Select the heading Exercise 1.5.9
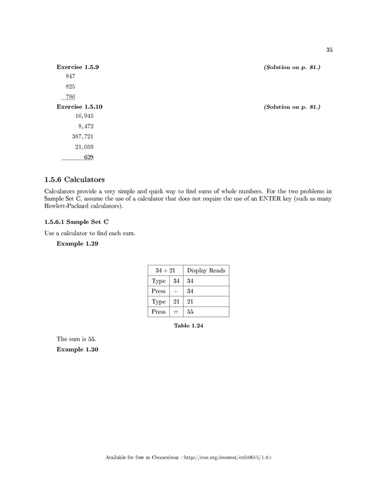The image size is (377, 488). (x=77, y=66)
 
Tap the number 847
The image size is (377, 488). (x=70, y=77)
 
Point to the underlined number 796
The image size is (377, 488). (x=70, y=97)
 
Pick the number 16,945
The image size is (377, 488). (x=84, y=116)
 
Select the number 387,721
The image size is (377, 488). (x=83, y=137)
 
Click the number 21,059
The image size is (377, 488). (x=84, y=147)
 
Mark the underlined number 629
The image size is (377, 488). (x=89, y=157)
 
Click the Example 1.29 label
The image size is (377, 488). (x=77, y=244)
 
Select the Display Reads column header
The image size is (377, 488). (x=206, y=271)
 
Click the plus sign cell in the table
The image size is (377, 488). (x=176, y=291)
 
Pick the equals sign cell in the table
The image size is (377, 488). (x=176, y=312)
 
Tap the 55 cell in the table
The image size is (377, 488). (x=191, y=312)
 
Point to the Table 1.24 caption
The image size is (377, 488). (x=188, y=326)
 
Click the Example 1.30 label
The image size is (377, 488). (x=77, y=350)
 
